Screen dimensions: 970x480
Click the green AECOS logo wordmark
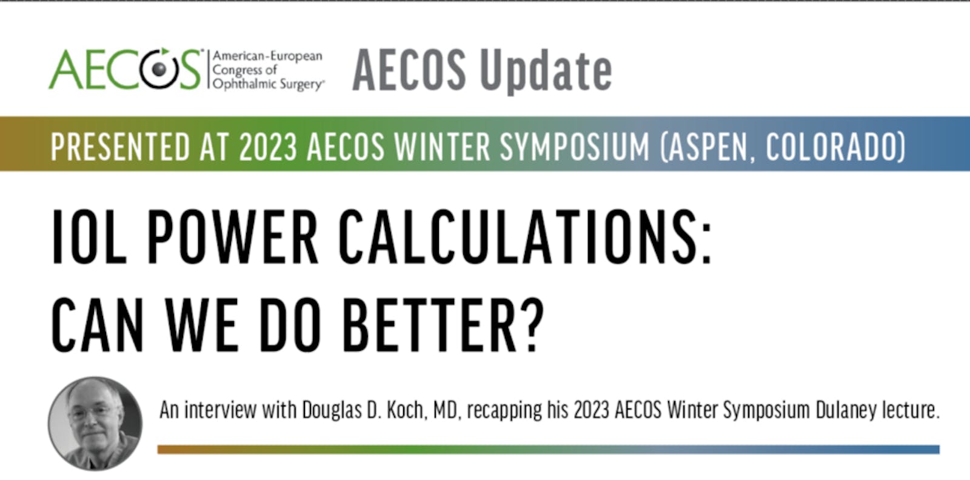coord(125,69)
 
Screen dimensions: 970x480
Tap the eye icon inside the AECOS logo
coord(159,69)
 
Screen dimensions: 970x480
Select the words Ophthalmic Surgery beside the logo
coord(268,84)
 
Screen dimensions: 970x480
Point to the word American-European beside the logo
coord(267,56)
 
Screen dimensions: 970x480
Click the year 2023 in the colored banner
coord(267,146)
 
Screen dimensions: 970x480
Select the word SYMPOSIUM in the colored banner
coord(575,146)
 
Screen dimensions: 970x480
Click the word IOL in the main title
coord(89,236)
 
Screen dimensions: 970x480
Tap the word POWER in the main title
coord(233,236)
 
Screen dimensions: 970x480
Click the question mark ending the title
coord(533,325)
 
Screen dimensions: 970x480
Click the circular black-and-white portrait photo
coord(95,423)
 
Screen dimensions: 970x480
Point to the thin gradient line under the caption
coord(549,449)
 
